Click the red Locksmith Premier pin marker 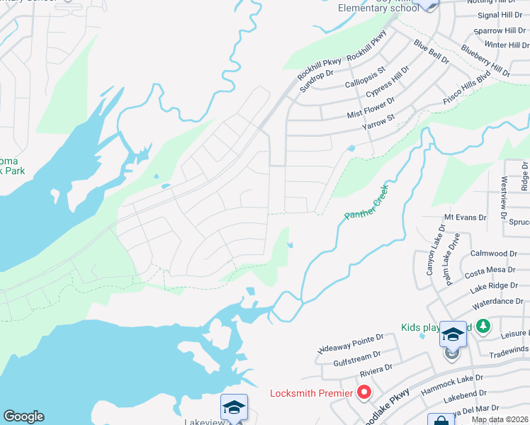pos(365,390)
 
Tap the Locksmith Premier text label pos(311,393)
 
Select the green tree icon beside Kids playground pos(483,326)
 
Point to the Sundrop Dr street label pos(317,79)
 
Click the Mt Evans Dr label pos(465,217)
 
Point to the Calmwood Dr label pos(494,253)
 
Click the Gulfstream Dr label pos(357,354)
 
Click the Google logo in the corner pos(23,416)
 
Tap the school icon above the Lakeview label pos(234,407)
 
